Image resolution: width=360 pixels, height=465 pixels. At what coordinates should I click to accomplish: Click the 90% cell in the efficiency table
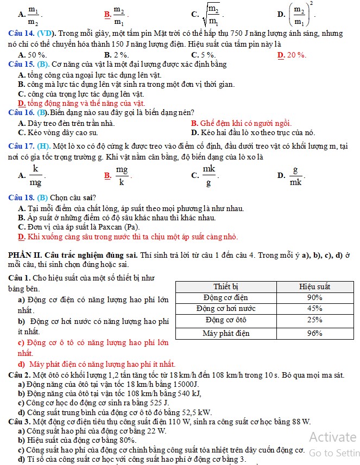tap(314, 297)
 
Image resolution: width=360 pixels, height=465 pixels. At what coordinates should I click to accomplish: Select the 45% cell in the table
tap(314, 308)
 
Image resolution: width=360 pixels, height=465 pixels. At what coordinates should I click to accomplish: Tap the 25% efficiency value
tap(314, 320)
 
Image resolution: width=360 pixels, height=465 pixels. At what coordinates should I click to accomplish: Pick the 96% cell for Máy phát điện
tap(314, 333)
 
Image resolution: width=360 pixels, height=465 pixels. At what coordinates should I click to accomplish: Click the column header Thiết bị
tap(226, 286)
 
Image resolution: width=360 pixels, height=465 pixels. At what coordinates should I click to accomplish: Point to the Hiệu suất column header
tap(314, 286)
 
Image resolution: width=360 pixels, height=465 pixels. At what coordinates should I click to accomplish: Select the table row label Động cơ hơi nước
tap(226, 308)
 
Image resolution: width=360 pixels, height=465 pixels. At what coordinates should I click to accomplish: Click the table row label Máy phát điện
tap(226, 333)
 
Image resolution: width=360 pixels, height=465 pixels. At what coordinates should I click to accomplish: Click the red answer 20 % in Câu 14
tap(296, 55)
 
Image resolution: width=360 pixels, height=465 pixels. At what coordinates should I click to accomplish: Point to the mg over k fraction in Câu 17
tap(122, 175)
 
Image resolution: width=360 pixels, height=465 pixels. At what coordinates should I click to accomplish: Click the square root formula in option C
tap(211, 14)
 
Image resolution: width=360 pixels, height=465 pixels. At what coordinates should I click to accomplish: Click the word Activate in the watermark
tap(332, 437)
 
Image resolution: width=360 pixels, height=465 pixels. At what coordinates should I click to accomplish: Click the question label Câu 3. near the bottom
tap(20, 422)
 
